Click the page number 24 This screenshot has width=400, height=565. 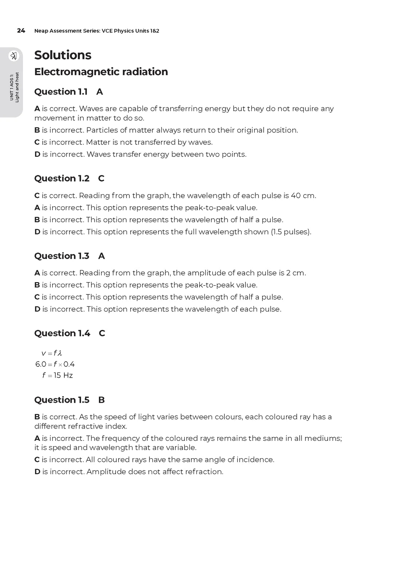(x=21, y=31)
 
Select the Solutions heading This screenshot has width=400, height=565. (x=63, y=55)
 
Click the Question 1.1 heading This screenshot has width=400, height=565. (x=61, y=92)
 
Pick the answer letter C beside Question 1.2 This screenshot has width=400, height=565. (x=101, y=179)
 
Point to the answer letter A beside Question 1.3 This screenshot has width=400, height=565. (x=101, y=256)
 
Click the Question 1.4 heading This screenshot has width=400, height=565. (x=62, y=333)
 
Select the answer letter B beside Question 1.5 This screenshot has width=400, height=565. (x=101, y=400)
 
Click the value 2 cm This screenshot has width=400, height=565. (x=296, y=273)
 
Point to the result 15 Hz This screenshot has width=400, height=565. (x=63, y=375)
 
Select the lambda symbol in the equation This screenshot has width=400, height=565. (x=60, y=353)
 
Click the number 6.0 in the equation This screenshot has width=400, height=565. (x=41, y=364)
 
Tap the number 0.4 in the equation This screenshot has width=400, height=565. (x=69, y=364)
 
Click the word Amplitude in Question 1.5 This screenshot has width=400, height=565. (x=105, y=472)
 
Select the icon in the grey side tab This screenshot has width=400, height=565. (x=14, y=56)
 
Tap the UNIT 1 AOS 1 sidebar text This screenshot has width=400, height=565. (x=12, y=87)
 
